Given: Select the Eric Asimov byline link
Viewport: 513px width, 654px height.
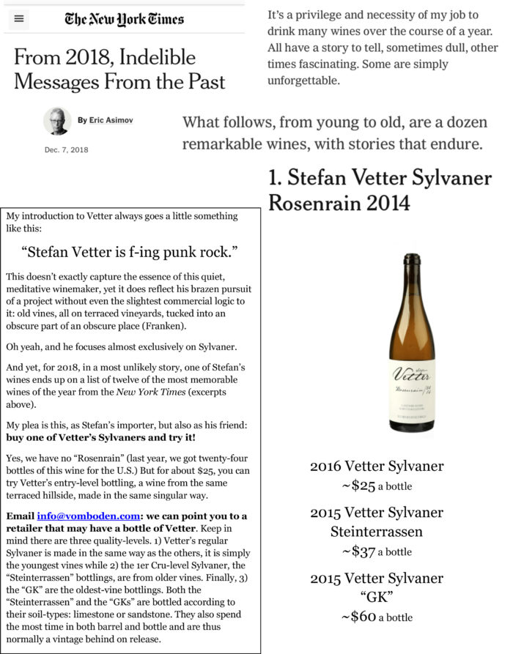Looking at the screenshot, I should [x=111, y=120].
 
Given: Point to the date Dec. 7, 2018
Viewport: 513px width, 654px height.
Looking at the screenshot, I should [x=66, y=149].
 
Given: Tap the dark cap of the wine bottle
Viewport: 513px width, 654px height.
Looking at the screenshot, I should [x=412, y=263].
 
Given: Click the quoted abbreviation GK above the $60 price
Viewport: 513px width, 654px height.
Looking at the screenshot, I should [x=376, y=598].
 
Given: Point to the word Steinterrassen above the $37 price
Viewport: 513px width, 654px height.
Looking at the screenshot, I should [x=376, y=532].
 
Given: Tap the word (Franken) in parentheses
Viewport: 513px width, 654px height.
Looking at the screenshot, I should [x=166, y=327].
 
